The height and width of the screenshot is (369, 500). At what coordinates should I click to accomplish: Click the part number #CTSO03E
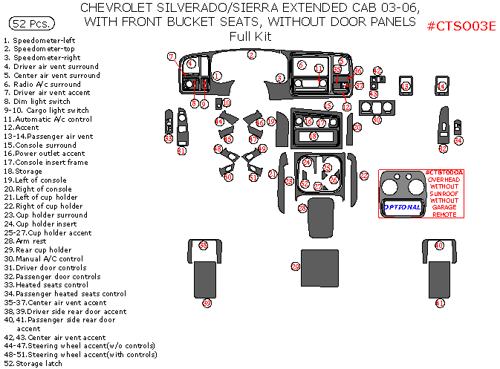461,27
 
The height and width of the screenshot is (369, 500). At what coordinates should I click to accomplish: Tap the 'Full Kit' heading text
250,36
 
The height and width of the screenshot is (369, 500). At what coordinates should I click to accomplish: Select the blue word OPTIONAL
403,207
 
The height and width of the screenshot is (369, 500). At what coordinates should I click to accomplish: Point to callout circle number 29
295,267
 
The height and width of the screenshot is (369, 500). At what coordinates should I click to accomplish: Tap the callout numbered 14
441,87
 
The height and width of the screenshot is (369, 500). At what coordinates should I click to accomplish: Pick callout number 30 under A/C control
377,120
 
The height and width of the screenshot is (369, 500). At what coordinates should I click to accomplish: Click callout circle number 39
207,303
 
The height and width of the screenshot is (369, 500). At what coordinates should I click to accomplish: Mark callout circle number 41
440,303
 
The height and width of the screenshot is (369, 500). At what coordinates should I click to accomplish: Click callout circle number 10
227,102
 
